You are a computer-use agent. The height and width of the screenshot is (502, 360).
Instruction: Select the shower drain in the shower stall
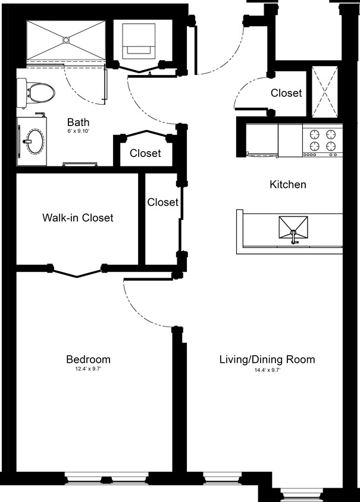tap(67, 40)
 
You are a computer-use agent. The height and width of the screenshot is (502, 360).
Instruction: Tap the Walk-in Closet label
tap(77, 218)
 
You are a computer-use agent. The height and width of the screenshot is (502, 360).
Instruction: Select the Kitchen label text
tap(288, 184)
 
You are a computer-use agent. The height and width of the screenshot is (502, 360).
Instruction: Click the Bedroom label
tap(88, 359)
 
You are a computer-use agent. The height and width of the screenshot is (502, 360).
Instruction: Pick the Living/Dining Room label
tap(267, 359)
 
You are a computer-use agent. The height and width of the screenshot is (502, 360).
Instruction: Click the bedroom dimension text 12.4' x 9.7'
tap(88, 369)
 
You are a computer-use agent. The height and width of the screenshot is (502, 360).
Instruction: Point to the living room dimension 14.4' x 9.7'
tap(267, 369)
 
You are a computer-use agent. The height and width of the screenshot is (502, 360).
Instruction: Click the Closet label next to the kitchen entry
tap(286, 93)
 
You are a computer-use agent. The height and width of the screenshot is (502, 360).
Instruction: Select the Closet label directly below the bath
tap(145, 153)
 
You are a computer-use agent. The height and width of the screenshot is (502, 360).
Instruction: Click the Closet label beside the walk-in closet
tap(162, 202)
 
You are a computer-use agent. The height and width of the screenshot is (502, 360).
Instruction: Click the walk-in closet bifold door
tap(76, 271)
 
